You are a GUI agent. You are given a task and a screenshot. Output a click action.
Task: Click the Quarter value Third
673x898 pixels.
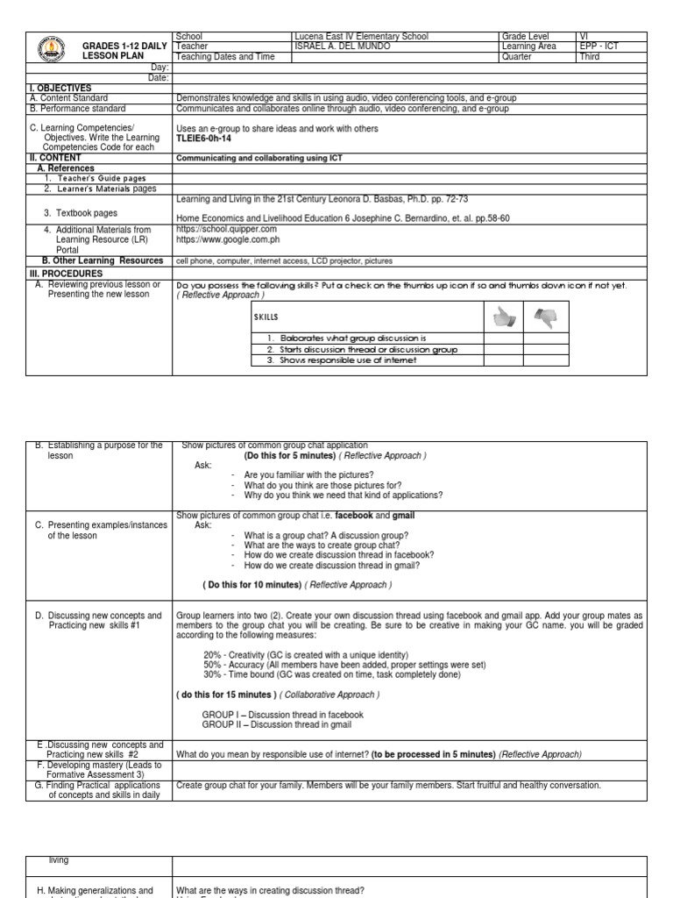tap(590, 57)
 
